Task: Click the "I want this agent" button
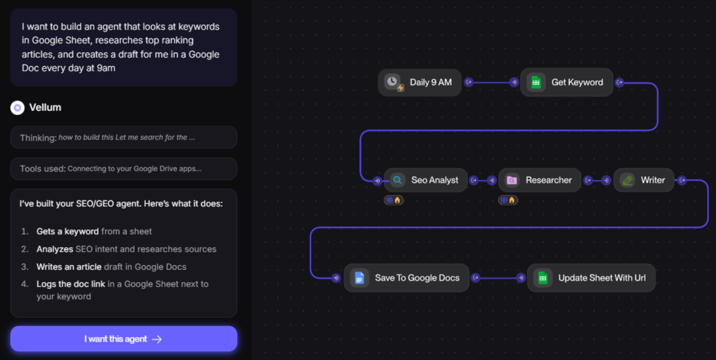(x=123, y=339)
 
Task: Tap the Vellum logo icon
(x=17, y=108)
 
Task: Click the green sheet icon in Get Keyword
(x=536, y=82)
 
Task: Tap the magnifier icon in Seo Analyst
(x=398, y=180)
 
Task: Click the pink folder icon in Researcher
(x=512, y=180)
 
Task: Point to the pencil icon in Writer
(x=627, y=180)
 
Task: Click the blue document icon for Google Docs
(x=359, y=278)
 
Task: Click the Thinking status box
(x=123, y=137)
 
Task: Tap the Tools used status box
(x=123, y=168)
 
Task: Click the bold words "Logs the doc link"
(x=71, y=284)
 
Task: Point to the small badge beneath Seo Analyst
(x=393, y=200)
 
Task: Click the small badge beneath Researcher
(x=508, y=200)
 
